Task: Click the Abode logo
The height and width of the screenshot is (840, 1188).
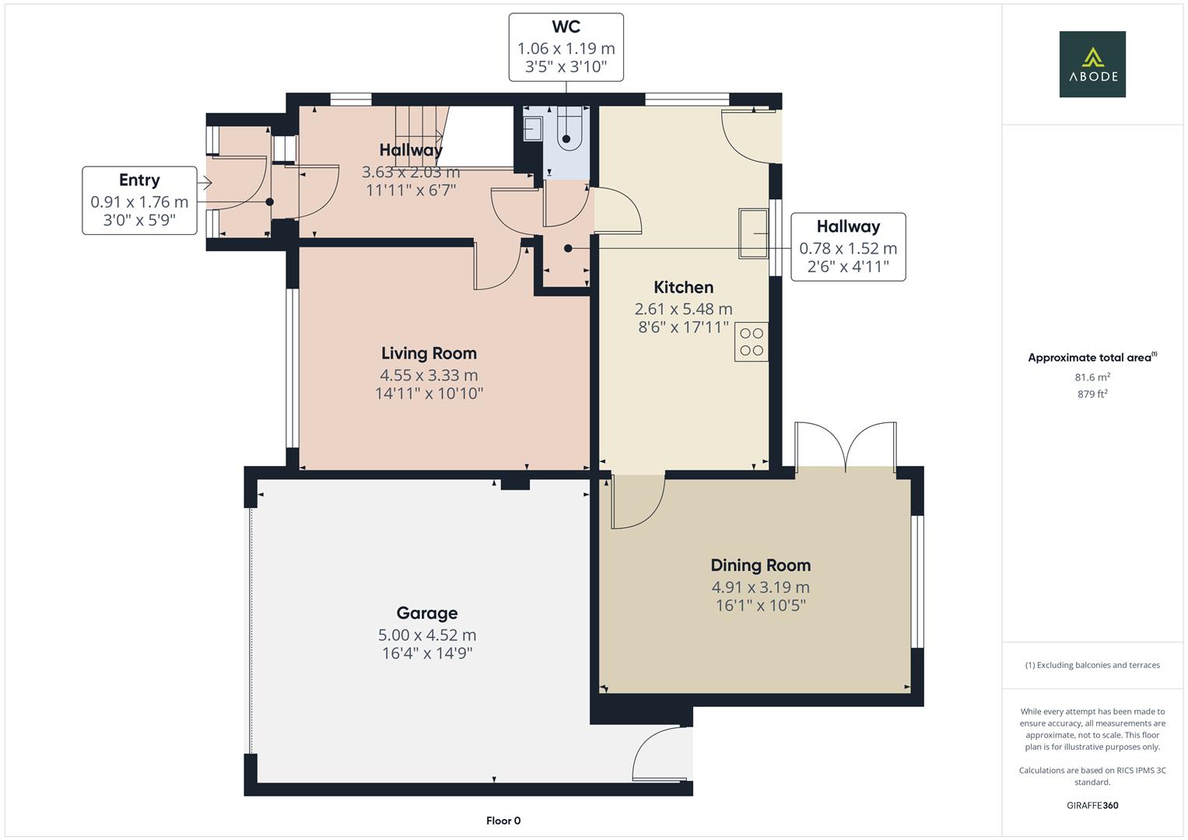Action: (x=1092, y=65)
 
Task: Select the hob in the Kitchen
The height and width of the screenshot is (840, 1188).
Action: (x=752, y=341)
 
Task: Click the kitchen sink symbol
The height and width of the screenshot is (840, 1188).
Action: (x=753, y=233)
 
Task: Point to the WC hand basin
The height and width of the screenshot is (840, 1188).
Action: (x=533, y=128)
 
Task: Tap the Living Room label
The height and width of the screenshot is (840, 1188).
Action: (x=429, y=353)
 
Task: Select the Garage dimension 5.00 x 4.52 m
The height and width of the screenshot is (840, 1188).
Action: (x=427, y=635)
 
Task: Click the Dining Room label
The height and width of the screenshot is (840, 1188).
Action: (x=760, y=565)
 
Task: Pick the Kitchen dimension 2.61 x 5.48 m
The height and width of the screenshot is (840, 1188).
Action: (x=683, y=309)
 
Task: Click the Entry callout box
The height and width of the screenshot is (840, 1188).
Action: (x=139, y=201)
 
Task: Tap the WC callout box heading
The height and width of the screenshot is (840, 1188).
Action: (x=566, y=27)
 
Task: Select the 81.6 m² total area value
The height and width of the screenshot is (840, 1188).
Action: (x=1092, y=377)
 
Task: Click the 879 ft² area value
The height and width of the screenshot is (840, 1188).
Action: (x=1092, y=394)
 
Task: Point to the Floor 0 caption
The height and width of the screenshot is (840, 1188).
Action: (x=503, y=821)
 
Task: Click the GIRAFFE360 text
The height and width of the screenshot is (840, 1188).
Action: (x=1092, y=805)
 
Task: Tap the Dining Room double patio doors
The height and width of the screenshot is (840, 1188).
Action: (x=845, y=447)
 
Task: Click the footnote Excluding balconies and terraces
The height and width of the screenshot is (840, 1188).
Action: (x=1092, y=665)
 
